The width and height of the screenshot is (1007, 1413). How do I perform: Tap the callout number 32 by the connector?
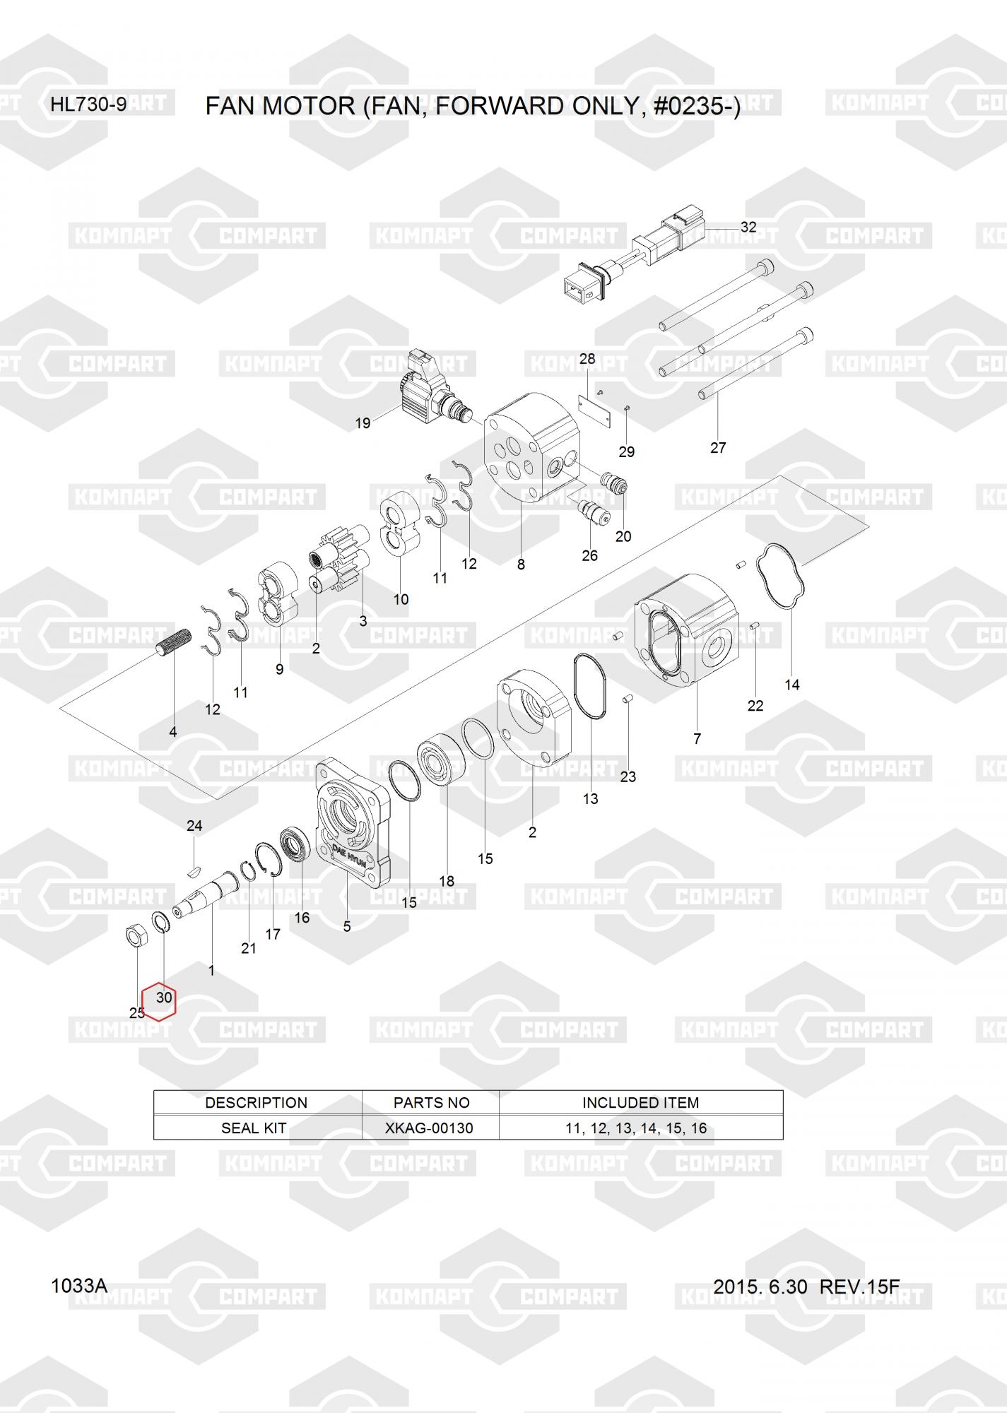click(748, 227)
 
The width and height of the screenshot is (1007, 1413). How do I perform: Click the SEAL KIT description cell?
click(254, 1128)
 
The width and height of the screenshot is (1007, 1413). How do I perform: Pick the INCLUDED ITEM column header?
click(640, 1102)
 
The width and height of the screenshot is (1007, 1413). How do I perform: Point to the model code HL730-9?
click(88, 105)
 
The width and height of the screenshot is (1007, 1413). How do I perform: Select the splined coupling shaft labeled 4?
click(173, 641)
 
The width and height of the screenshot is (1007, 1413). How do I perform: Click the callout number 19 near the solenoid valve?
click(363, 423)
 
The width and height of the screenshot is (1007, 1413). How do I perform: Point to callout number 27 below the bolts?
click(718, 447)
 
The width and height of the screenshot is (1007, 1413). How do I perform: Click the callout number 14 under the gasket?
click(792, 684)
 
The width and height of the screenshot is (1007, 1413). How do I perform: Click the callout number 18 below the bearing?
click(447, 881)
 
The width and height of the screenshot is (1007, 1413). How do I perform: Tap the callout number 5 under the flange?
click(347, 926)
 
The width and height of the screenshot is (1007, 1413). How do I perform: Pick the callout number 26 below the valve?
click(589, 555)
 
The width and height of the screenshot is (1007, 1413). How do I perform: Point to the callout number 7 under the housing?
click(697, 738)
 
